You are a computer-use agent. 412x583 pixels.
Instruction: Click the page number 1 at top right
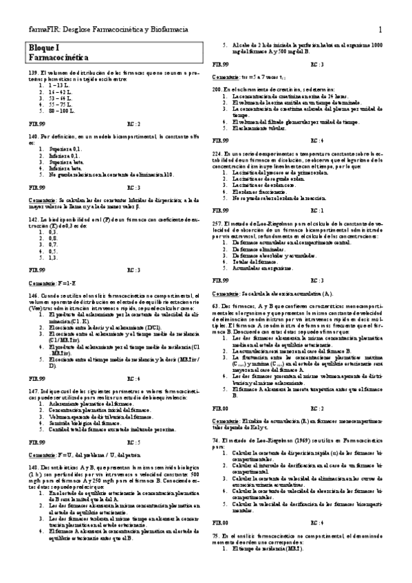pos(380,29)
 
